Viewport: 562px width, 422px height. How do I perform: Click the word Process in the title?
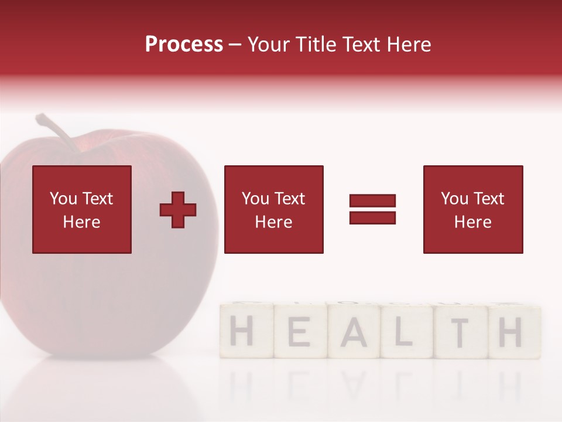pos(184,45)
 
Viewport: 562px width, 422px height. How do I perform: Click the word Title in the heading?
pos(314,45)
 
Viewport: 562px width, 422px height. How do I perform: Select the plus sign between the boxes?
pos(178,210)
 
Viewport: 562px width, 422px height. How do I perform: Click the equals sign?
pos(372,209)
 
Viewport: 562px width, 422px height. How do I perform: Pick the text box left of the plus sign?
pos(82,210)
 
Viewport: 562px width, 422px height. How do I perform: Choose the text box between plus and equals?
pos(273,210)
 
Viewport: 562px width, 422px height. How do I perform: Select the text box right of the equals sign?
pos(472,210)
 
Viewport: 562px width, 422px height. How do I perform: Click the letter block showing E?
pos(299,332)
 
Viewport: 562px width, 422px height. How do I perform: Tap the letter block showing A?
pos(354,332)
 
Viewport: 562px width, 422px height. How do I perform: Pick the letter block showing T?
pos(460,332)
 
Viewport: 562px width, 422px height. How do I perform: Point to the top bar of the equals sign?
pos(372,201)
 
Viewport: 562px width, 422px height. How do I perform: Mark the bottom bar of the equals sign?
pos(372,217)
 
